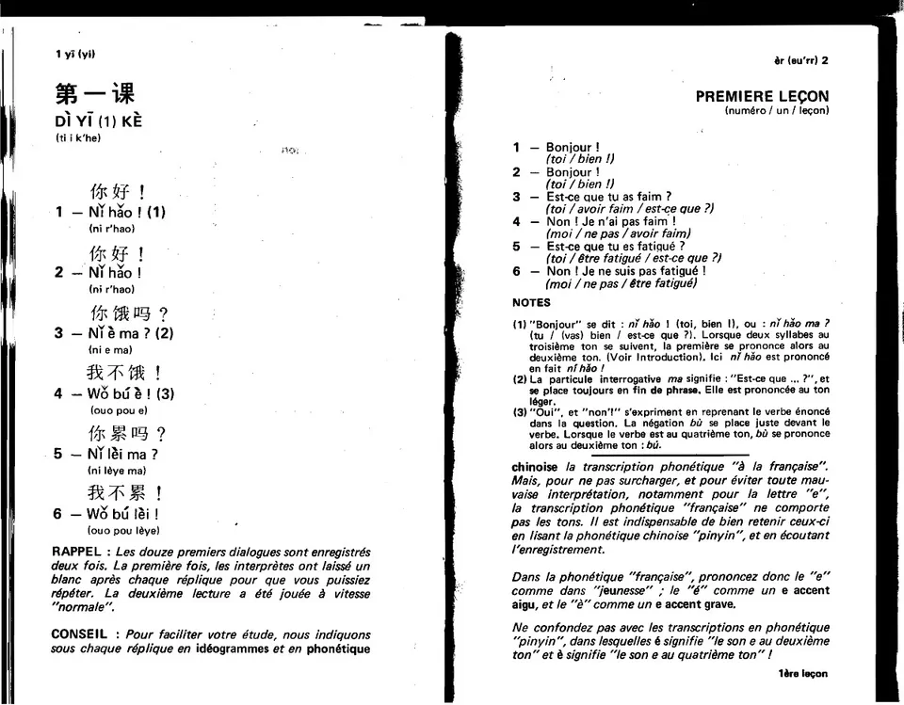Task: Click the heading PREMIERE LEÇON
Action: [x=762, y=96]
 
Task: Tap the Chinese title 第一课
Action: [x=95, y=94]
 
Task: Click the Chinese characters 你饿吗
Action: [x=121, y=313]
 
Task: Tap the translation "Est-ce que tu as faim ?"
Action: [x=608, y=197]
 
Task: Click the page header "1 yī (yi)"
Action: [x=75, y=54]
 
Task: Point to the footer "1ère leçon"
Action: [x=803, y=674]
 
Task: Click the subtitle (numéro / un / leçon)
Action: [x=777, y=111]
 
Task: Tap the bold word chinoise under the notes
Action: [x=535, y=467]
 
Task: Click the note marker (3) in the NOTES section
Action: [x=519, y=412]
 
